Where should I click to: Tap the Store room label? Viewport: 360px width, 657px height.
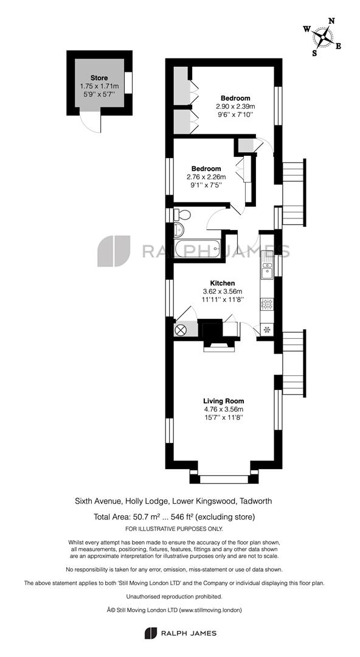(x=99, y=78)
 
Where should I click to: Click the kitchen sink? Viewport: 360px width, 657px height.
(x=267, y=268)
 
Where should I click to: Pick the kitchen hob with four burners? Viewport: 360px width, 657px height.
(x=267, y=305)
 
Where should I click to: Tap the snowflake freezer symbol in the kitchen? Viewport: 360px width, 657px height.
(x=266, y=330)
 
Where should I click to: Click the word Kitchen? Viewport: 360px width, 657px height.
(x=222, y=283)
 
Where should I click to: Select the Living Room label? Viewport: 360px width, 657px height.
(x=223, y=401)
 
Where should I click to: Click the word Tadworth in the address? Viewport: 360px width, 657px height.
(x=255, y=501)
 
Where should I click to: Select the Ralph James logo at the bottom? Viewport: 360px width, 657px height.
(x=179, y=633)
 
